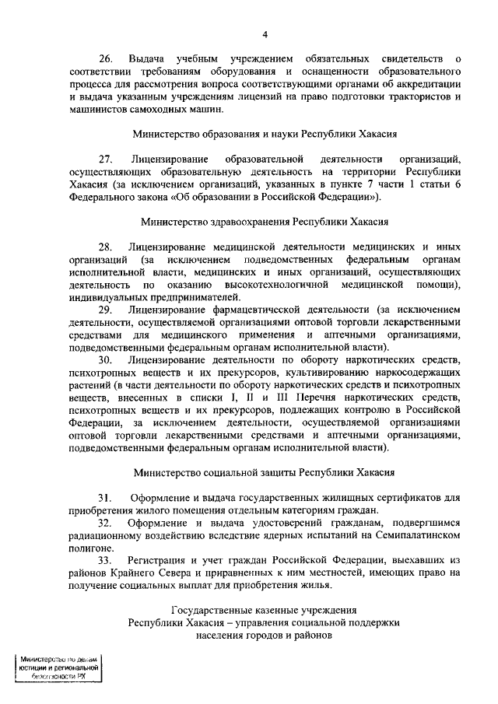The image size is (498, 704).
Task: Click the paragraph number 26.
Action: point(106,60)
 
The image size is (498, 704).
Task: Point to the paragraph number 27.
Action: point(106,158)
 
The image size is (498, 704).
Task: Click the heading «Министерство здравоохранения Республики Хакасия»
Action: point(264,221)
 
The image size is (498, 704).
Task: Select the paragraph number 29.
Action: point(106,310)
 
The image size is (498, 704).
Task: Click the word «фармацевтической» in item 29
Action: point(303,310)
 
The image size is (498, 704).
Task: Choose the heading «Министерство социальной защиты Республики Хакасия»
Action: point(264,471)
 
